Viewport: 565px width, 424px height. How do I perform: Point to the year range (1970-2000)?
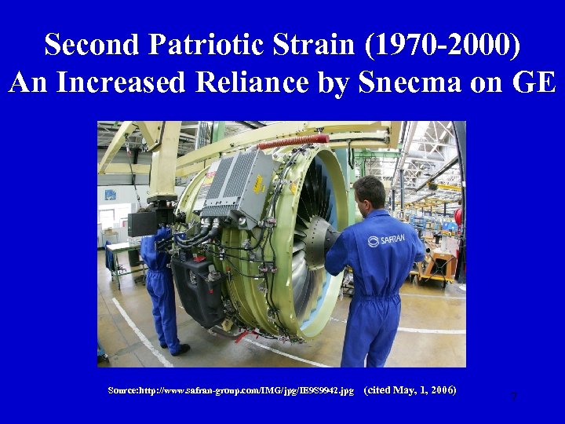pos(442,45)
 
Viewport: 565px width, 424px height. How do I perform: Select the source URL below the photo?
pos(231,390)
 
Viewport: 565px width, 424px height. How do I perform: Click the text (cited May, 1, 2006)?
pos(410,390)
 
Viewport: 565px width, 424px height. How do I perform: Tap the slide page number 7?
pos(513,397)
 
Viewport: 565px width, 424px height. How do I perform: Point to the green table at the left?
pos(124,255)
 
